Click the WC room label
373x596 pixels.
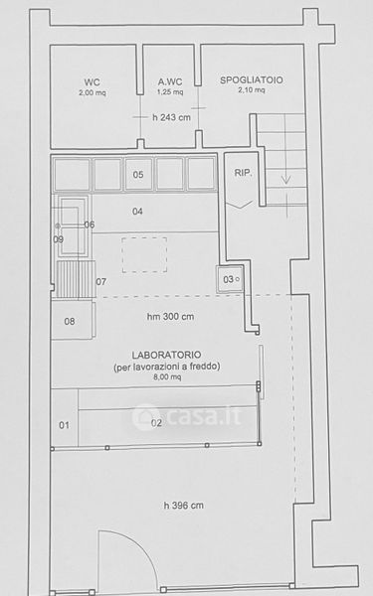[x=93, y=82]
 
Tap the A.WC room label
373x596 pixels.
[x=170, y=81]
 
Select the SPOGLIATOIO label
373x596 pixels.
[x=252, y=80]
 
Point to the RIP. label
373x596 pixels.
[x=244, y=173]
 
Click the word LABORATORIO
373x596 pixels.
[x=166, y=355]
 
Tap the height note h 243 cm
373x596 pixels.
[x=171, y=117]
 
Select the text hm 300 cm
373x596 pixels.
[x=170, y=316]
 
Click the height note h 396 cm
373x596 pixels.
[x=183, y=506]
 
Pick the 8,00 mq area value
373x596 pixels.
[x=167, y=377]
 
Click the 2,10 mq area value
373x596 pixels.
[x=252, y=90]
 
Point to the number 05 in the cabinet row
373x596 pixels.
[x=138, y=175]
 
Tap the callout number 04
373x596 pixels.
[x=137, y=211]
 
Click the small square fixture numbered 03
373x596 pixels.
[x=230, y=279]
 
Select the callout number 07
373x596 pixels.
[x=100, y=282]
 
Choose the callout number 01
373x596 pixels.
[x=64, y=425]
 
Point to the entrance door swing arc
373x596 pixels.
[x=141, y=546]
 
